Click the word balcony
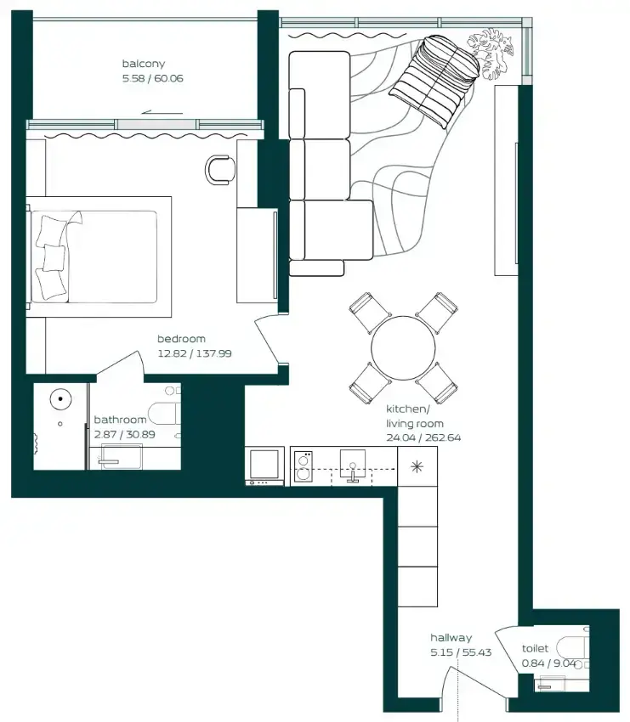(x=144, y=64)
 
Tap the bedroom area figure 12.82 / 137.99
(x=195, y=353)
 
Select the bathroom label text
(x=120, y=420)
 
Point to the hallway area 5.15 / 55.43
(x=461, y=652)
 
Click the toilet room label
(x=535, y=648)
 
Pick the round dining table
(x=403, y=348)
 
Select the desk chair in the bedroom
(x=219, y=169)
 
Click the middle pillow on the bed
(x=54, y=257)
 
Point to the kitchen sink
(x=353, y=465)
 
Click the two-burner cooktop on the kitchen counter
(x=303, y=466)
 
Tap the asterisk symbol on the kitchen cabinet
(x=417, y=467)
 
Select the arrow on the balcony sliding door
(x=162, y=112)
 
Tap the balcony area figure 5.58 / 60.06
(x=152, y=78)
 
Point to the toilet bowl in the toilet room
(x=572, y=648)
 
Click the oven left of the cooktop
(x=264, y=466)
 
